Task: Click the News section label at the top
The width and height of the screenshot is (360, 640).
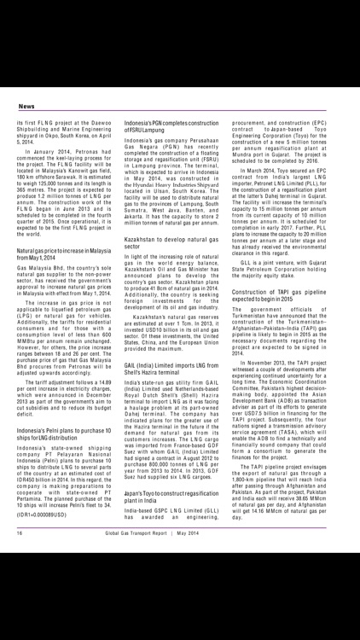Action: [x=26, y=107]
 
